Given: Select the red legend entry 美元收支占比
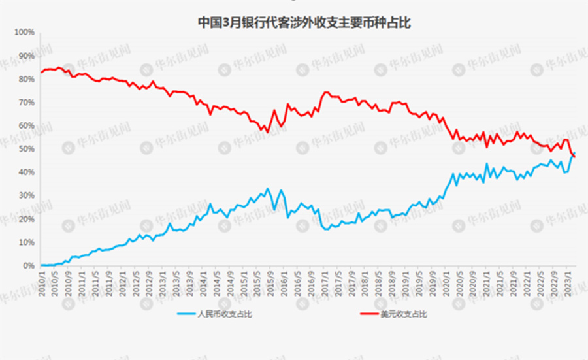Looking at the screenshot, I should [x=398, y=314].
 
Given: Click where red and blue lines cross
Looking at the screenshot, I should [x=573, y=155].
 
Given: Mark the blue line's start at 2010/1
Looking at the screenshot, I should [x=41, y=265].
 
